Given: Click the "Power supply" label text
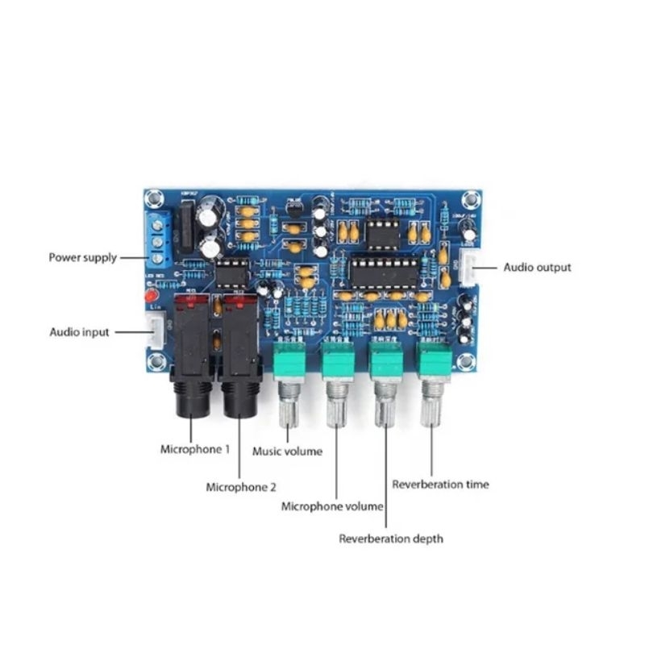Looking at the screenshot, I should click(x=82, y=258).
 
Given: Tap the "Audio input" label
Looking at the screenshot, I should click(x=79, y=332).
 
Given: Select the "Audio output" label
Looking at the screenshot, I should click(x=537, y=267).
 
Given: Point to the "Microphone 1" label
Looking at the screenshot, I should click(x=194, y=449).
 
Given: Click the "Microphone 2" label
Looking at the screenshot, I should click(x=241, y=487).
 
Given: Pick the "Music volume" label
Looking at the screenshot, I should click(x=287, y=451).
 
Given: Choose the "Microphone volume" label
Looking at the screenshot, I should click(x=331, y=507).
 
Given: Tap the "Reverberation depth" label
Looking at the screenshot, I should click(x=390, y=539).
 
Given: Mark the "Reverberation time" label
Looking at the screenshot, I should click(x=440, y=485).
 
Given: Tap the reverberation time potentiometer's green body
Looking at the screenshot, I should click(x=433, y=360).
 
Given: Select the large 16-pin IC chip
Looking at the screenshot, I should click(x=383, y=273).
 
